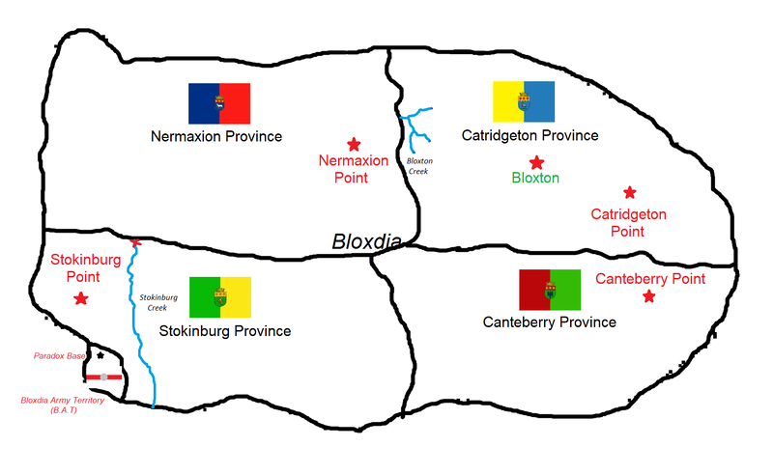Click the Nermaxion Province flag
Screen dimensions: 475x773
[219, 103]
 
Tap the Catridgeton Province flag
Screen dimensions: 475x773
[525, 100]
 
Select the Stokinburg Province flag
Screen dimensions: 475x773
[220, 297]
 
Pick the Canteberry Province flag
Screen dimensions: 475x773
[550, 290]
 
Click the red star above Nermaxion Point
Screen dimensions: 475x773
[355, 142]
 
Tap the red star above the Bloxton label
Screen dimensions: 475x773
[535, 162]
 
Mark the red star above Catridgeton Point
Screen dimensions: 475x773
[630, 193]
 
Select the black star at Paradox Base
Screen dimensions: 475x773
[100, 356]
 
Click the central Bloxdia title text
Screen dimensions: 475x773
[367, 242]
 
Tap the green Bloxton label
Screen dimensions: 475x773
[535, 179]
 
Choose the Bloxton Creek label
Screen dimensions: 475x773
[418, 164]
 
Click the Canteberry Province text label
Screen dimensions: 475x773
[549, 322]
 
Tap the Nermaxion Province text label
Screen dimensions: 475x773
[216, 137]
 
